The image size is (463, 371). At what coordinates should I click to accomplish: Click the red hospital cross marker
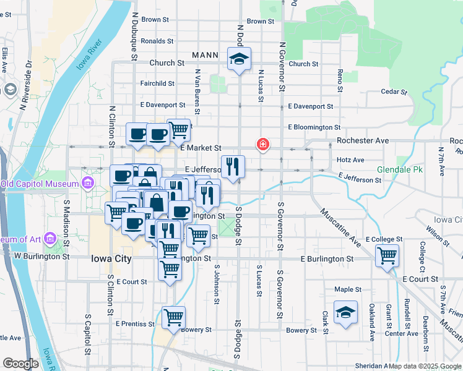(x=263, y=145)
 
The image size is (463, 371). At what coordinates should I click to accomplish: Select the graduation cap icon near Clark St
(x=345, y=313)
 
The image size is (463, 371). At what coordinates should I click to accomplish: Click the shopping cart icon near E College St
(x=387, y=255)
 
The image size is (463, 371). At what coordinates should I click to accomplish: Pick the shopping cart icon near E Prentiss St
(x=174, y=318)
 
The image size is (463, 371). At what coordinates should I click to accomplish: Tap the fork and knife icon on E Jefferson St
(x=233, y=166)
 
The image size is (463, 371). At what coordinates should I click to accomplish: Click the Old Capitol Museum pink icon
(x=87, y=183)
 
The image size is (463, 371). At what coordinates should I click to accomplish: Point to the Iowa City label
(x=111, y=258)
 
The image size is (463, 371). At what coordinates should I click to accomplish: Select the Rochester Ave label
(x=363, y=140)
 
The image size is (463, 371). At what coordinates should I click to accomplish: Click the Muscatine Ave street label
(x=340, y=226)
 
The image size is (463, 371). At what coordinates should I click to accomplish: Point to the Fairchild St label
(x=157, y=83)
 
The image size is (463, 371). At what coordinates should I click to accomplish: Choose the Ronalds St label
(x=157, y=41)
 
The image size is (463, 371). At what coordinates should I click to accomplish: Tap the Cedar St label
(x=394, y=92)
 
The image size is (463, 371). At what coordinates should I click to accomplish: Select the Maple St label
(x=348, y=289)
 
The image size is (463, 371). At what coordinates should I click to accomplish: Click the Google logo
(x=20, y=364)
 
